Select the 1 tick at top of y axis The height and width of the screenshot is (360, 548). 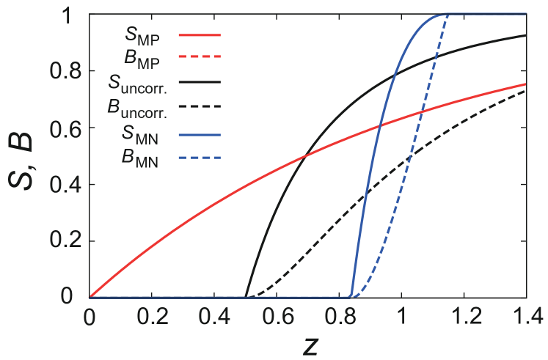[x=73, y=15]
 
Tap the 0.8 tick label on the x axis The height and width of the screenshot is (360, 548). [x=339, y=317]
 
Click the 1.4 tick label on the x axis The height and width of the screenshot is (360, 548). [x=526, y=317]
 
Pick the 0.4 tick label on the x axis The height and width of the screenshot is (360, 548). [x=214, y=317]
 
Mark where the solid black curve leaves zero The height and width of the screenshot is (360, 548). [x=246, y=296]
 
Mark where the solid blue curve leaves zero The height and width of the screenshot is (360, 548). [x=351, y=296]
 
